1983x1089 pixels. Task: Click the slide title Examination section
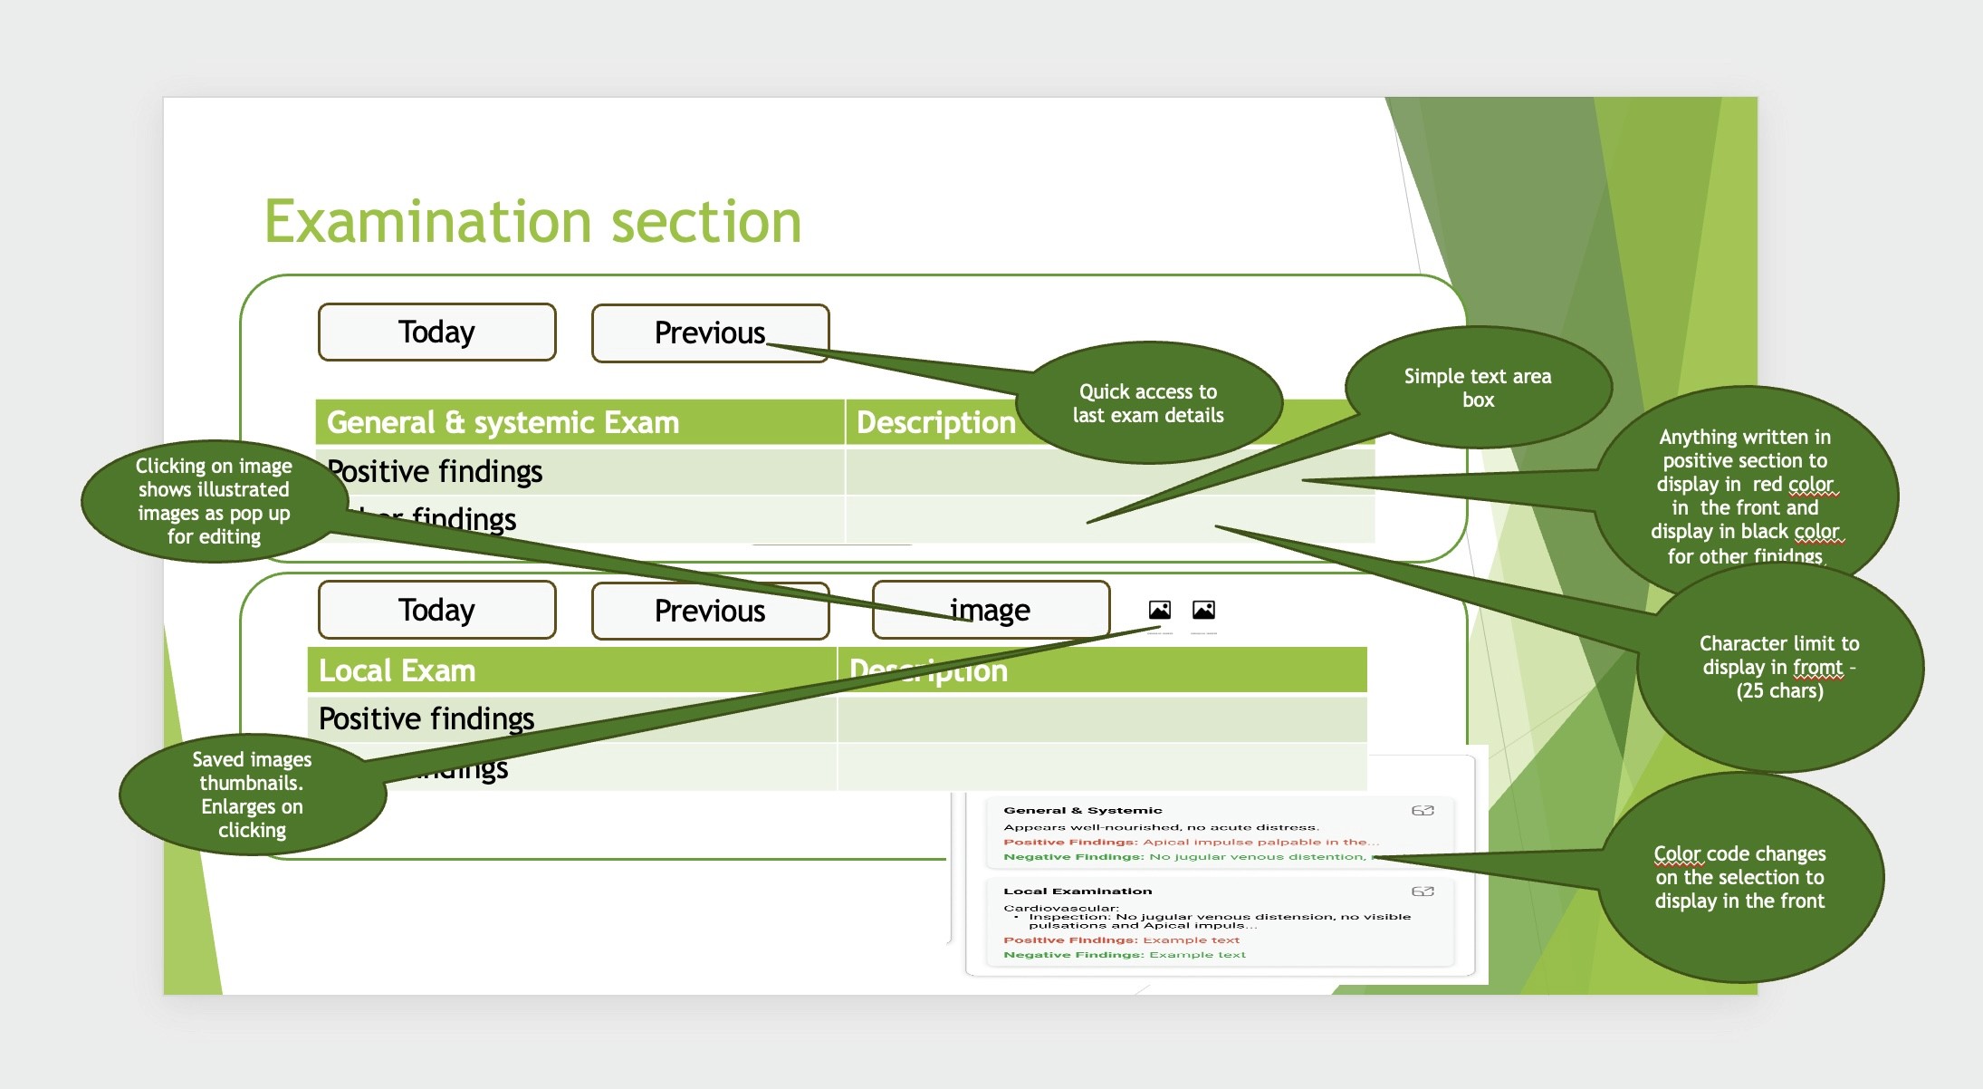point(532,222)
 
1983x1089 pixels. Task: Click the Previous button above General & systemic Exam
point(710,332)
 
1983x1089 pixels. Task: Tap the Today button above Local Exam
point(436,610)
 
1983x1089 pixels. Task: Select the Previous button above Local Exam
point(710,611)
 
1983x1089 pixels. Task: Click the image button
point(991,610)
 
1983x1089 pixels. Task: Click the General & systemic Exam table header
point(503,422)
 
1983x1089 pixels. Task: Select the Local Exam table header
point(397,670)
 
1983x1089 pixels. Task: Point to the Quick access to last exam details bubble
point(1148,403)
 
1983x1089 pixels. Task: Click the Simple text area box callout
point(1478,388)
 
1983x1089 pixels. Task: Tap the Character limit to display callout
point(1779,667)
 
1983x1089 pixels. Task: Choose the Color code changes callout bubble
point(1739,877)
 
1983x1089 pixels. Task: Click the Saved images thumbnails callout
point(252,795)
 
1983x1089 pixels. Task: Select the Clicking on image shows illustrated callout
point(214,501)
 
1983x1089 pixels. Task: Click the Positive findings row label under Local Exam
point(426,718)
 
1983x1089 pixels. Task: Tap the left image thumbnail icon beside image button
point(1160,610)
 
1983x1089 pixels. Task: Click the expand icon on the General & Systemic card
point(1423,810)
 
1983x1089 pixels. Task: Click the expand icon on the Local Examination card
point(1423,891)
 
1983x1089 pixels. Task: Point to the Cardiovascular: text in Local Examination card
point(1060,907)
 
